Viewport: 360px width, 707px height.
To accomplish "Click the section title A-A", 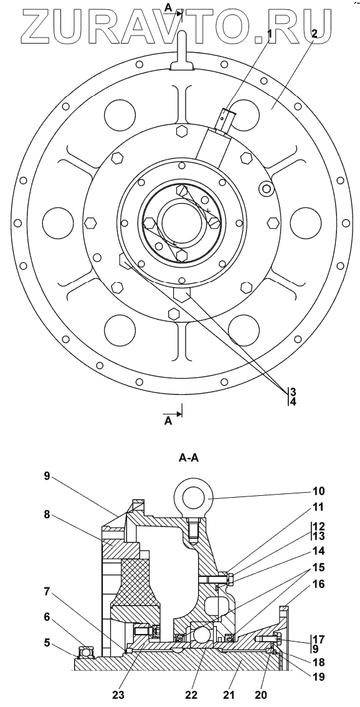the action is click(x=188, y=458).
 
